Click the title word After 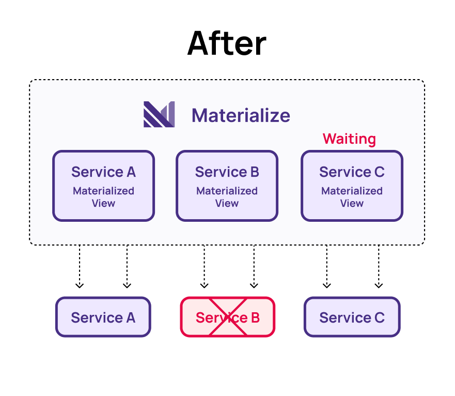point(227,43)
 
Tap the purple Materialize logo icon point(159,114)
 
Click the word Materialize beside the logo point(241,115)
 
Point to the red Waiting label point(349,139)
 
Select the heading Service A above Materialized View point(103,172)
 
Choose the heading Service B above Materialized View point(227,172)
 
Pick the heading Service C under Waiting point(352,172)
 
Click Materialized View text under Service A point(103,197)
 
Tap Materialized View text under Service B point(227,197)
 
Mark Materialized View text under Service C point(352,197)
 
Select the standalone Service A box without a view point(103,317)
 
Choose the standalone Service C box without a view point(352,317)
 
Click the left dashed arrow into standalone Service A point(79,266)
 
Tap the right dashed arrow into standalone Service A point(127,266)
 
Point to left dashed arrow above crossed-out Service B point(204,266)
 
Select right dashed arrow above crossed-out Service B point(254,266)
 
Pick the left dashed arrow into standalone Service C point(326,266)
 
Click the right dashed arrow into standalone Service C point(379,266)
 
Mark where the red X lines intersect point(228,317)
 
